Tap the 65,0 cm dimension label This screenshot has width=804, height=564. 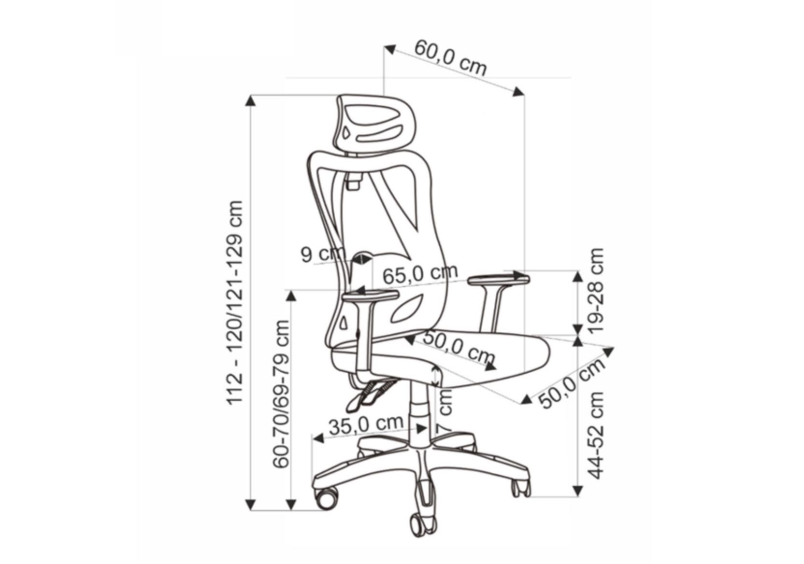(420, 274)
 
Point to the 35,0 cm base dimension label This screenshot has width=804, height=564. (366, 425)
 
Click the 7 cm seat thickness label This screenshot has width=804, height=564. (445, 411)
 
